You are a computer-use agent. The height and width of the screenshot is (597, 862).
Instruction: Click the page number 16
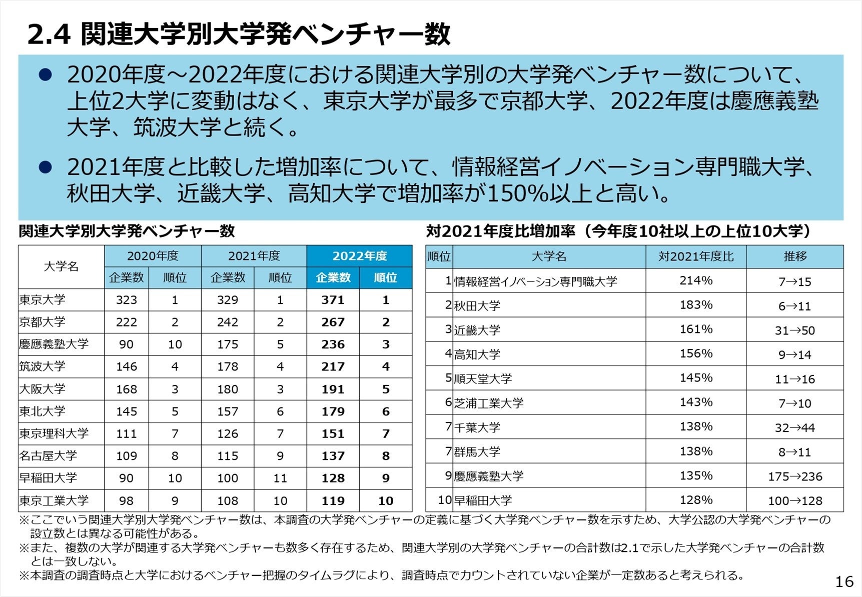[x=844, y=581]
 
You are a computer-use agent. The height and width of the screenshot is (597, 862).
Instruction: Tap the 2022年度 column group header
[x=359, y=256]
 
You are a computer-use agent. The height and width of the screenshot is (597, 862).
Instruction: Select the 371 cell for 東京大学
[x=333, y=300]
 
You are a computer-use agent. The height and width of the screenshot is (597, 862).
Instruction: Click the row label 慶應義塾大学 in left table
[x=54, y=344]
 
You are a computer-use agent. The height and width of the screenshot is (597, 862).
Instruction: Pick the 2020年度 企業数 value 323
[x=126, y=300]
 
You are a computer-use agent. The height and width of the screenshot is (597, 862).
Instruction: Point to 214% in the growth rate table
[x=695, y=280]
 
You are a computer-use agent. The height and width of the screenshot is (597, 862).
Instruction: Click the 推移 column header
[x=794, y=256]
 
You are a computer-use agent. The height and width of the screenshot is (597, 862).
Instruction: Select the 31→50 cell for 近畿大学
[x=794, y=330]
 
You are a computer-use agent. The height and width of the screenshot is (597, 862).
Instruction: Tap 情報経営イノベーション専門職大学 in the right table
[x=535, y=281]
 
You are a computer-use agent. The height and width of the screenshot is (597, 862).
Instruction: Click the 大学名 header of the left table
[x=61, y=266]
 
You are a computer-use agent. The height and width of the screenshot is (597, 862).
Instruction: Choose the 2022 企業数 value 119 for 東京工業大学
[x=333, y=500]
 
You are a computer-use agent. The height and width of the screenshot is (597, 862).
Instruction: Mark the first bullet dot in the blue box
[x=46, y=75]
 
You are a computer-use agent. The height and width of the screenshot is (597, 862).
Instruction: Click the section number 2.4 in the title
[x=49, y=35]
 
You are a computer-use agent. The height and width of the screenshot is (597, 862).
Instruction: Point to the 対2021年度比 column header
[x=695, y=256]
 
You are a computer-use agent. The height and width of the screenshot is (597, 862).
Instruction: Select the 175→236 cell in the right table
[x=794, y=476]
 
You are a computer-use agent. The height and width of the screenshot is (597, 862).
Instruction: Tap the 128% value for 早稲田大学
[x=695, y=500]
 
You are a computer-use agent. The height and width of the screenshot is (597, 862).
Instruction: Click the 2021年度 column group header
[x=254, y=256]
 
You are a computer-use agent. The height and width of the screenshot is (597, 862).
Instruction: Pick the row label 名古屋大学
[x=49, y=455]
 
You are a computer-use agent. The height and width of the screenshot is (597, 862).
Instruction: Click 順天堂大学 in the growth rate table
[x=483, y=379]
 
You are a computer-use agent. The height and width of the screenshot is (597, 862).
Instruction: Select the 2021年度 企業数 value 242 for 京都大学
[x=227, y=322]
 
